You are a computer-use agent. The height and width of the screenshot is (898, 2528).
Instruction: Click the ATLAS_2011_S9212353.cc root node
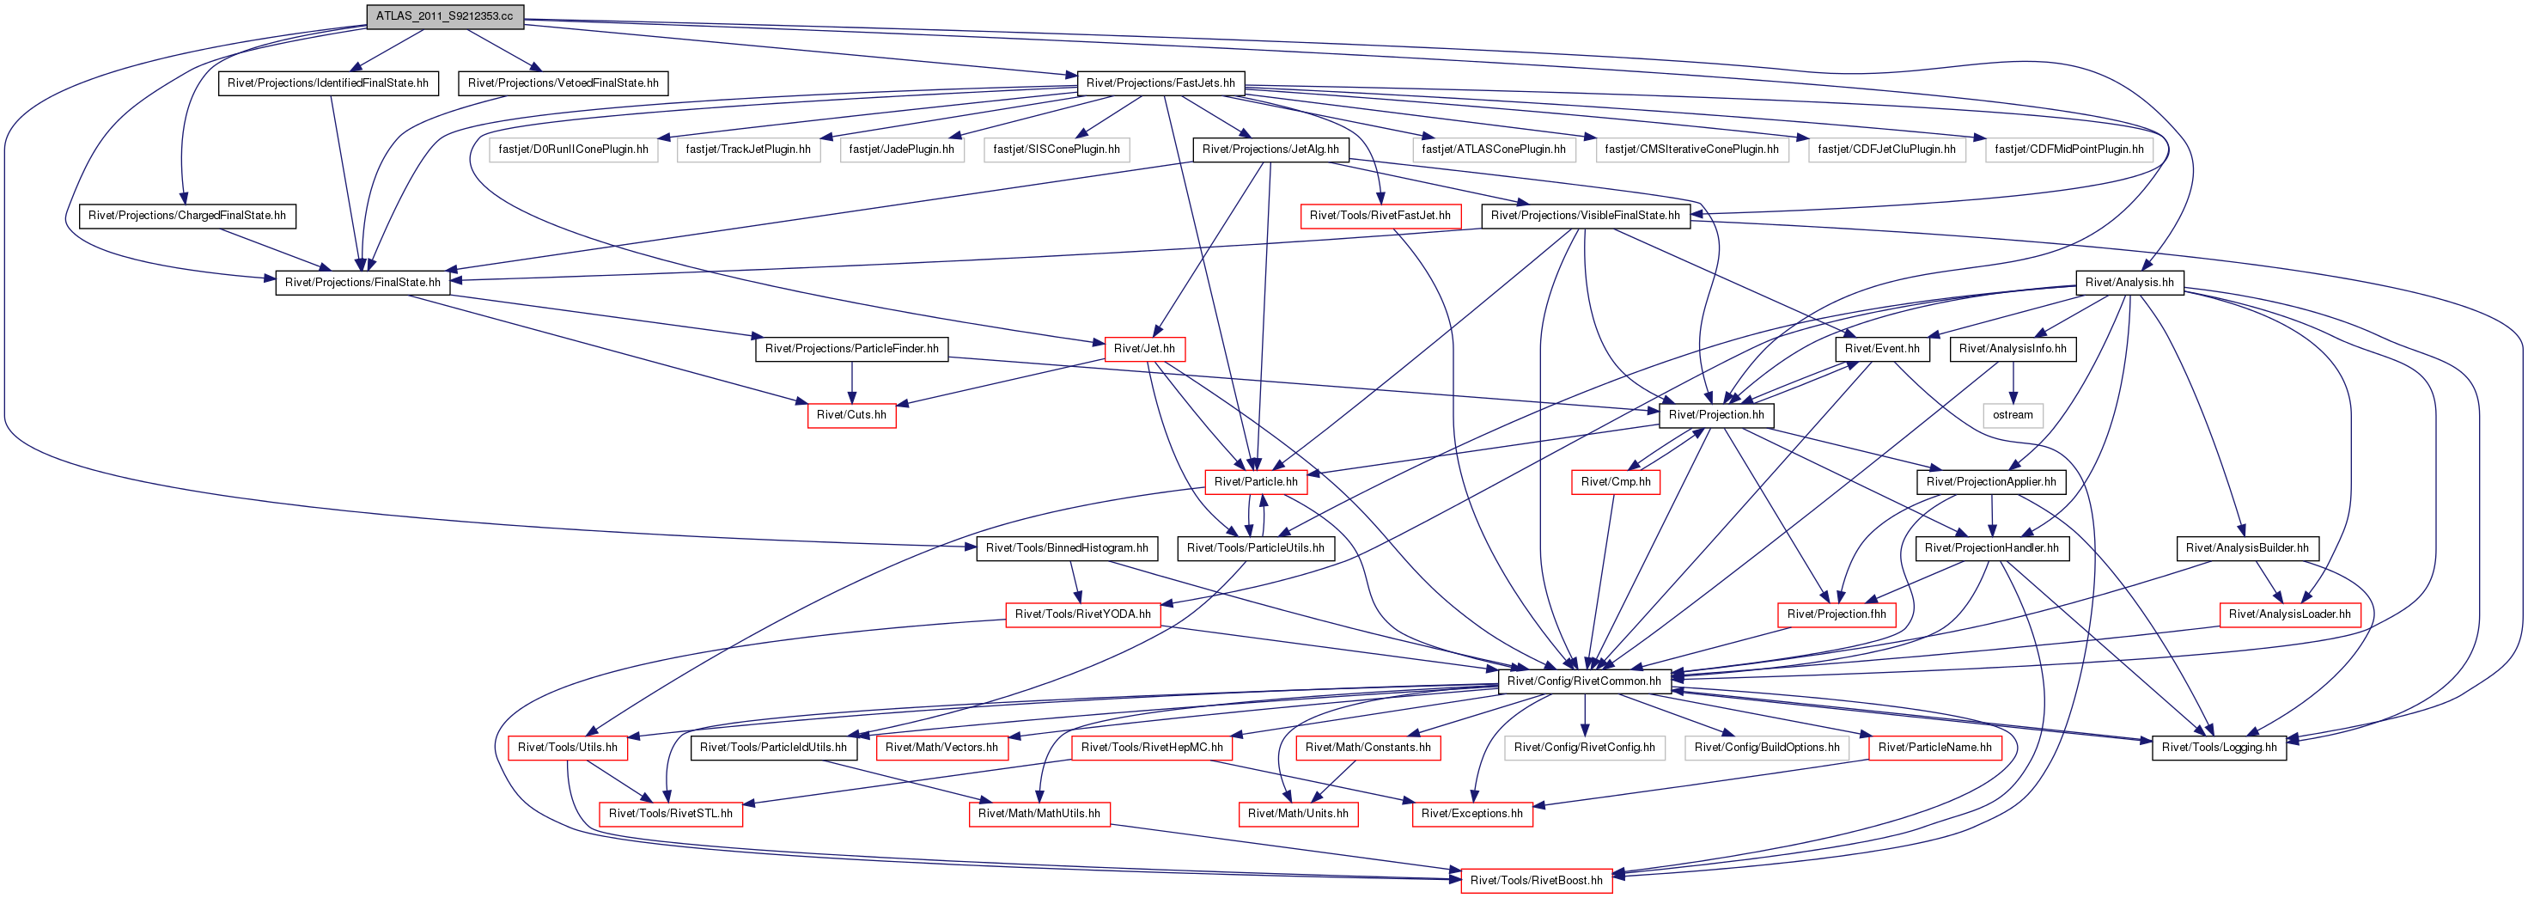pyautogui.click(x=445, y=16)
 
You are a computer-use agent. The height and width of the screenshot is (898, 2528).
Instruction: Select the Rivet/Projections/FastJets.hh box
pyautogui.click(x=1160, y=83)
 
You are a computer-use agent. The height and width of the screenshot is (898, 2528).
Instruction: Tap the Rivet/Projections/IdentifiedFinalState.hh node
pyautogui.click(x=328, y=83)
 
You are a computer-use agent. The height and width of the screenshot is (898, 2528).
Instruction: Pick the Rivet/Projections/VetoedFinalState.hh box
pyautogui.click(x=563, y=83)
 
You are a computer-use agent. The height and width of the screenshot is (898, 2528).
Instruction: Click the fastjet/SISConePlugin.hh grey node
pyautogui.click(x=1056, y=150)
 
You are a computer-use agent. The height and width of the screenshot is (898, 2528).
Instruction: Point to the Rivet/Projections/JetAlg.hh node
pyautogui.click(x=1270, y=150)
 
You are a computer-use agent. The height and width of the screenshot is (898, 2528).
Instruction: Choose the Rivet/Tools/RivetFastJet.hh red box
pyautogui.click(x=1380, y=216)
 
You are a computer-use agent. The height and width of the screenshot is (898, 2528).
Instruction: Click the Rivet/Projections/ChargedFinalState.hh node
pyautogui.click(x=187, y=216)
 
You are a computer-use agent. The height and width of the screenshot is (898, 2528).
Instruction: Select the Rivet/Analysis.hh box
pyautogui.click(x=2129, y=283)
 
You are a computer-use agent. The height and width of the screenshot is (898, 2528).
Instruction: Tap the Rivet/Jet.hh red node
pyautogui.click(x=1144, y=348)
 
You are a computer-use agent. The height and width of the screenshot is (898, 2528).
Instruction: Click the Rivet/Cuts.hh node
pyautogui.click(x=851, y=415)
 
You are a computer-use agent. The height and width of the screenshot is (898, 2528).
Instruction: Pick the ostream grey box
pyautogui.click(x=2013, y=415)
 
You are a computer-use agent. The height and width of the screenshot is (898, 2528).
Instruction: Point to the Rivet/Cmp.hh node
pyautogui.click(x=1616, y=482)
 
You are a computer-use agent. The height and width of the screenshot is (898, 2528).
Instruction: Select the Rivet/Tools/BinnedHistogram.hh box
pyautogui.click(x=1067, y=548)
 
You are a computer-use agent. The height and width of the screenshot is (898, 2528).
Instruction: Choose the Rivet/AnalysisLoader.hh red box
pyautogui.click(x=2289, y=614)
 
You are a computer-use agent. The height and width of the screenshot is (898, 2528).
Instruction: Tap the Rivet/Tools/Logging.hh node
pyautogui.click(x=2219, y=748)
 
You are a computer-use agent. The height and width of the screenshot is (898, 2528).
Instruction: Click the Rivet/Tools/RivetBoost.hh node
pyautogui.click(x=1536, y=880)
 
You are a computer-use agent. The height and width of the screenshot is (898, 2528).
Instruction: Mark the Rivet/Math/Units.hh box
pyautogui.click(x=1297, y=814)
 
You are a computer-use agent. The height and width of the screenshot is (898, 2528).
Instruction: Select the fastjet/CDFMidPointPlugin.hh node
pyautogui.click(x=2068, y=150)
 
